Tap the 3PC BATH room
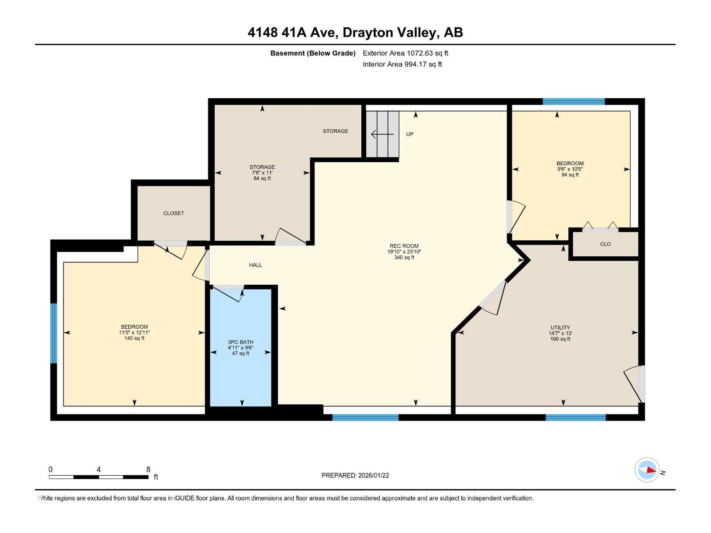pos(240,347)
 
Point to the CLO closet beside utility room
pos(605,244)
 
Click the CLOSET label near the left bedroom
pos(173,213)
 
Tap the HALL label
pos(255,265)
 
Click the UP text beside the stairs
pos(410,134)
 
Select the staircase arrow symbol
pos(382,134)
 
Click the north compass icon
pos(647,470)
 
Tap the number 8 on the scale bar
pos(148,469)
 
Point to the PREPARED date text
pos(355,475)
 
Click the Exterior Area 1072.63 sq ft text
pos(405,53)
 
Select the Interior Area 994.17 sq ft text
pos(402,64)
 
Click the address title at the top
pos(355,32)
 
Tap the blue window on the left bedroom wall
pos(54,333)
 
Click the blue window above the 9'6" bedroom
pos(573,102)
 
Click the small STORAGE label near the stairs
pos(335,131)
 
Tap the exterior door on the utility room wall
pos(641,383)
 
